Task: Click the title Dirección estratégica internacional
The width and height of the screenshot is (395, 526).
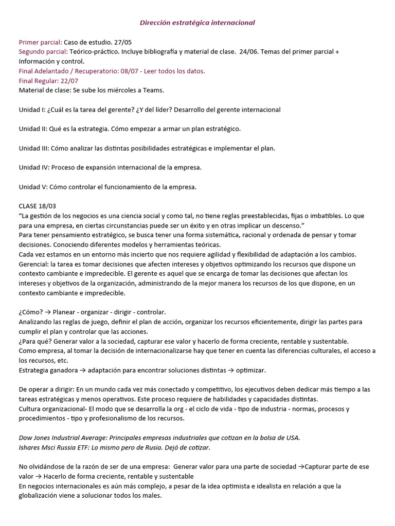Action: click(197, 23)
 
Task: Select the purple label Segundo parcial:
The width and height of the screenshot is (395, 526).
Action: click(43, 52)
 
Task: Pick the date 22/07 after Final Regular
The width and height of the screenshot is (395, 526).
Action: click(69, 81)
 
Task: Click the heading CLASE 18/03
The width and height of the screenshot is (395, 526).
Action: click(37, 206)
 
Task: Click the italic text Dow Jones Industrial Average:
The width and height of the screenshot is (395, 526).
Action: click(64, 437)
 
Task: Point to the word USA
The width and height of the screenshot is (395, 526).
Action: click(291, 437)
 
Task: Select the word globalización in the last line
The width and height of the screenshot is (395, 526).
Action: click(39, 495)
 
